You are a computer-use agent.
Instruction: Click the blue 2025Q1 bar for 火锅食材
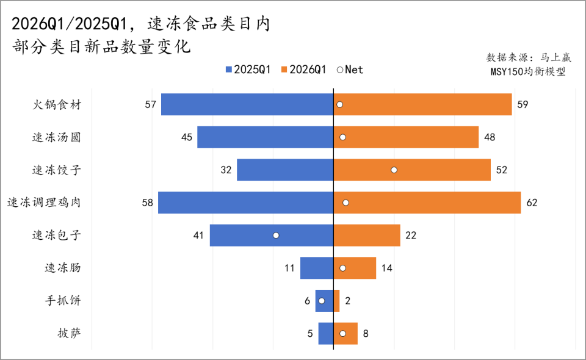tap(247, 104)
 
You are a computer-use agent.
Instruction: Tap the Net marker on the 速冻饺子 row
tap(394, 170)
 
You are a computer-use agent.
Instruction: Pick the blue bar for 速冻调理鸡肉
tap(245, 203)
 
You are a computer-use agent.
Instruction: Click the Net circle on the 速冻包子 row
tap(276, 235)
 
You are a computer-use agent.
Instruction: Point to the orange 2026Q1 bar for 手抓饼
tap(336, 301)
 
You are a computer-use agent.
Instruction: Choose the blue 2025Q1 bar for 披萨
tap(326, 334)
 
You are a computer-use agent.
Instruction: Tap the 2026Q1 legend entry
tap(303, 70)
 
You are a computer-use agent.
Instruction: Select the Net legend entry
tap(350, 70)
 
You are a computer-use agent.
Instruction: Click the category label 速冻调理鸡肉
tap(43, 203)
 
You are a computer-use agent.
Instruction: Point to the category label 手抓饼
tap(62, 301)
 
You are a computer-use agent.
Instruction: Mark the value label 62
tap(532, 203)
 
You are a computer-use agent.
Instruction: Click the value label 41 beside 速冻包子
tap(198, 235)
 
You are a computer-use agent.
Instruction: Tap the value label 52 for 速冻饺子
tap(502, 170)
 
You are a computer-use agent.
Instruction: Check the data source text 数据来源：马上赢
tap(529, 57)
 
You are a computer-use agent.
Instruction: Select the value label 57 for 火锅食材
tap(150, 104)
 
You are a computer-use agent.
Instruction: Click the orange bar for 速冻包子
tap(366, 235)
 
